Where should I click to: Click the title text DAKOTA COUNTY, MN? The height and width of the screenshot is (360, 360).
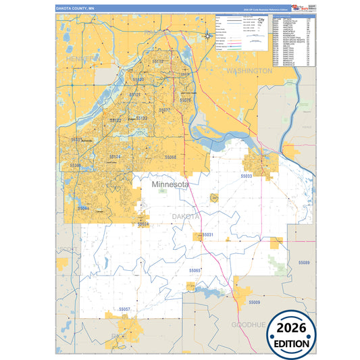(x=76, y=9)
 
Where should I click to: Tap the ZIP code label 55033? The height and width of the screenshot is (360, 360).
(x=247, y=175)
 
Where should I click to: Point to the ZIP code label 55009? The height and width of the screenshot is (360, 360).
(x=253, y=302)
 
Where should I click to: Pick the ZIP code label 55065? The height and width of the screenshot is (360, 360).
(x=195, y=271)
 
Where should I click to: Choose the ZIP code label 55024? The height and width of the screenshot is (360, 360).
(x=143, y=224)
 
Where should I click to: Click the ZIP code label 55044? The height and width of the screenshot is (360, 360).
(x=83, y=209)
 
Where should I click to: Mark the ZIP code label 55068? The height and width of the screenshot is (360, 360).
(x=170, y=157)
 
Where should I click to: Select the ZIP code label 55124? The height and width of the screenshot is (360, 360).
(x=115, y=157)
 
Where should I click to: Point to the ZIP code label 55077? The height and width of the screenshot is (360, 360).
(x=165, y=109)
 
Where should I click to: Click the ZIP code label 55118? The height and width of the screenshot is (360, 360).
(x=158, y=61)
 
